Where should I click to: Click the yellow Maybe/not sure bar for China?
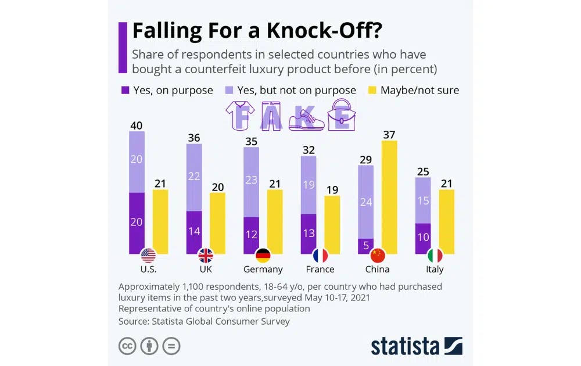389,197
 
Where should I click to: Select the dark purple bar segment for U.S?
137,223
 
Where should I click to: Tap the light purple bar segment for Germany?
251,182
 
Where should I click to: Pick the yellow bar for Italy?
446,221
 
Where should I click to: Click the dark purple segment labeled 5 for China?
365,246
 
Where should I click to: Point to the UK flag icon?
206,256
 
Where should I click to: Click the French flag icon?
320,256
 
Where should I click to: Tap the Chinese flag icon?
378,256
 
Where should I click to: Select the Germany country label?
263,270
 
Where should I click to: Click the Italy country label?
435,270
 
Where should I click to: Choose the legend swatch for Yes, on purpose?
125,90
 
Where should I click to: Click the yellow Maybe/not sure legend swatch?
372,90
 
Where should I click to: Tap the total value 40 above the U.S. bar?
137,125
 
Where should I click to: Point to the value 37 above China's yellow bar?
389,135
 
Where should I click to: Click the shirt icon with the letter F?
242,114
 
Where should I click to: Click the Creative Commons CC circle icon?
127,346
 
